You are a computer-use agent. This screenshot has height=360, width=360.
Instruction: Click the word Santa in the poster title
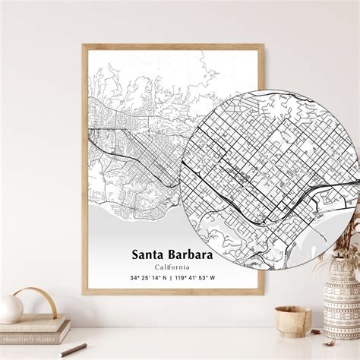tap(149, 254)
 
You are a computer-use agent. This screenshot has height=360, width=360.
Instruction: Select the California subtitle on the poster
tap(172, 267)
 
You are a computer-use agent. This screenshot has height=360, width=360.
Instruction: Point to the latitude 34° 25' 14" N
tap(147, 278)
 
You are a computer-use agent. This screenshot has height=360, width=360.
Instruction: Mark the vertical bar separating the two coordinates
tap(172, 278)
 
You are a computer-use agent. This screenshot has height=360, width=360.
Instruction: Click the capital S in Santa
tap(136, 254)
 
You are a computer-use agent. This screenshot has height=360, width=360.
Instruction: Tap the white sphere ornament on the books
tap(11, 308)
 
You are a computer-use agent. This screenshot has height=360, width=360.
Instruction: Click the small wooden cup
tap(292, 321)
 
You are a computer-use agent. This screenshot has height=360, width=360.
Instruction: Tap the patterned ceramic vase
tap(341, 307)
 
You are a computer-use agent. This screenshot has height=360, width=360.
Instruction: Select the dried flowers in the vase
tap(346, 243)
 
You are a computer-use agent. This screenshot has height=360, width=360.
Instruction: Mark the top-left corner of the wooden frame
tap(84, 46)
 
